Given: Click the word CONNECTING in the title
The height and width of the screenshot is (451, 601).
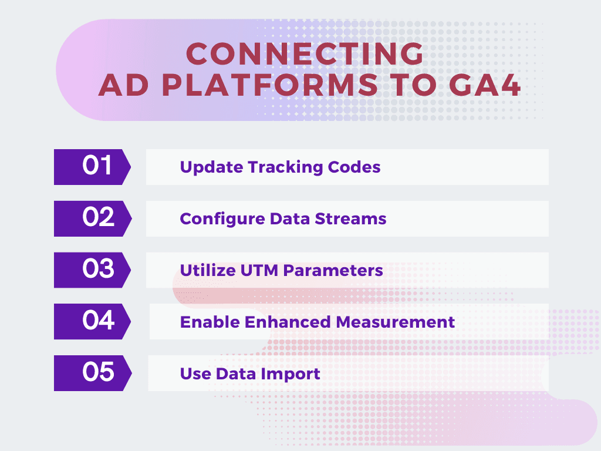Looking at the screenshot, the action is (x=305, y=53).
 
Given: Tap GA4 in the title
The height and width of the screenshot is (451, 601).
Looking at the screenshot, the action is (x=485, y=85).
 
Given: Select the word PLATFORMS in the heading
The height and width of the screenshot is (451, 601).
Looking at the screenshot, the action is (x=270, y=85).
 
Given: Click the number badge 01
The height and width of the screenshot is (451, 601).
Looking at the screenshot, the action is (x=92, y=167).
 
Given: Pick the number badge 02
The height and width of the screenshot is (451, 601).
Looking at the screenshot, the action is (x=93, y=218).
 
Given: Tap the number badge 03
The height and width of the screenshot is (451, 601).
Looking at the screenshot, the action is (x=92, y=270).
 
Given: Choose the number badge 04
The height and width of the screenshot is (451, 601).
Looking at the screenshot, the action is (x=92, y=321).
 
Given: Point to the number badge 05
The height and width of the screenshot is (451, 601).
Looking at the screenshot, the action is (x=93, y=373).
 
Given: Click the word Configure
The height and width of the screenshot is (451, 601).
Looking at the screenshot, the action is (x=222, y=220).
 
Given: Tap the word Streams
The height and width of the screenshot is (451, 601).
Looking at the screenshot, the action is (x=350, y=218).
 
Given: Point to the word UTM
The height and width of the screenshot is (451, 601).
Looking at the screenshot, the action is (x=259, y=270).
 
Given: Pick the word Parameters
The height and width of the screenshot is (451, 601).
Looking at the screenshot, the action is (x=333, y=270).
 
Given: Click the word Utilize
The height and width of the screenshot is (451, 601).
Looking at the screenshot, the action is (x=208, y=270).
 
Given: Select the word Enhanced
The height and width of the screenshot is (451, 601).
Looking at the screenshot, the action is (x=288, y=322).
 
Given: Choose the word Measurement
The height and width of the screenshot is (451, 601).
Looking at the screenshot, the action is (x=395, y=322).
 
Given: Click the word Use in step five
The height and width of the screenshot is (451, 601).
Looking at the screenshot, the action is (x=195, y=374).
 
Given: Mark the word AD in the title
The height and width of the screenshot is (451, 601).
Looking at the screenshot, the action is (x=124, y=85).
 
